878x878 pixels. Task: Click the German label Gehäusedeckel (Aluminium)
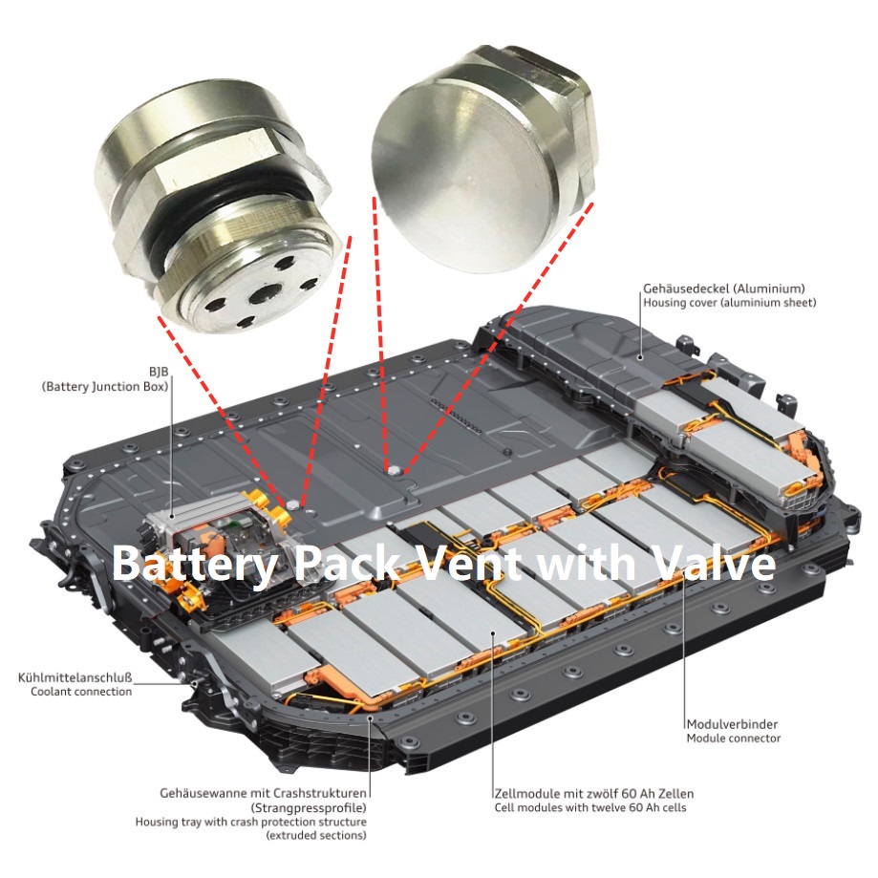pos(724,288)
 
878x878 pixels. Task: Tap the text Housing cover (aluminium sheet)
pos(730,303)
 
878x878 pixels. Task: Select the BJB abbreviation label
pos(158,371)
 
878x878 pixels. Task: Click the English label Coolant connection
pos(80,692)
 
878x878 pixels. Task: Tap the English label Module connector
pos(733,738)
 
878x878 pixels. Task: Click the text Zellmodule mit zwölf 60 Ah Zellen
pos(594,793)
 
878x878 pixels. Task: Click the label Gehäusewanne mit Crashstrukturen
pos(264,793)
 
